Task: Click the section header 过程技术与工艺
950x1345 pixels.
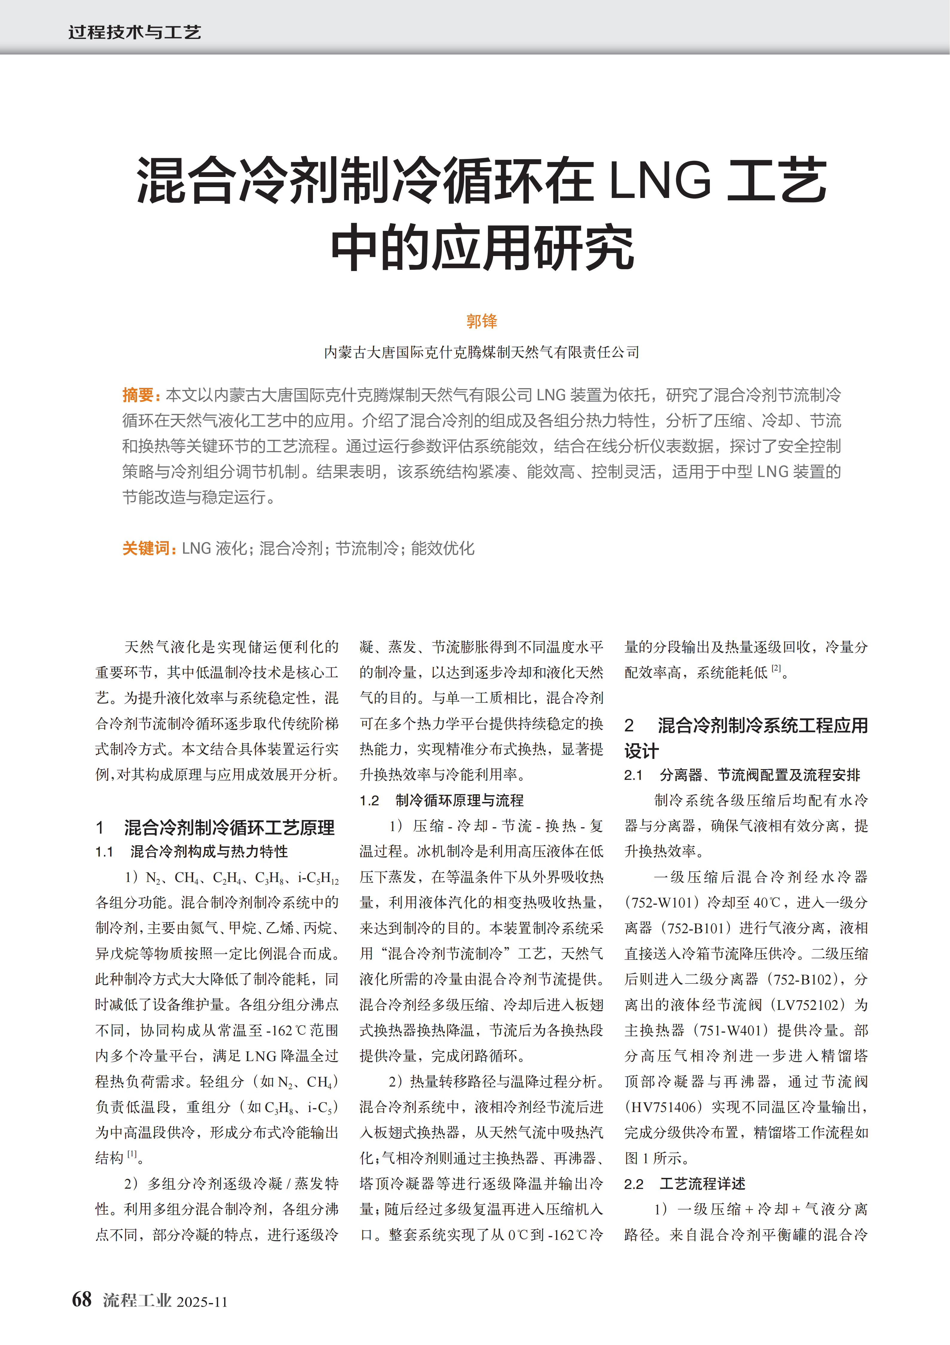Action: (x=135, y=32)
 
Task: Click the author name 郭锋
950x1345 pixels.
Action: (x=481, y=321)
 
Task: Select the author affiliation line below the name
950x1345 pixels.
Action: (x=481, y=352)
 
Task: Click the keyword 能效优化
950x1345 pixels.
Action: (x=443, y=548)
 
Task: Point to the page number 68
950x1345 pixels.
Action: (x=82, y=1299)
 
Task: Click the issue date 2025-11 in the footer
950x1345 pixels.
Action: (x=202, y=1302)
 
